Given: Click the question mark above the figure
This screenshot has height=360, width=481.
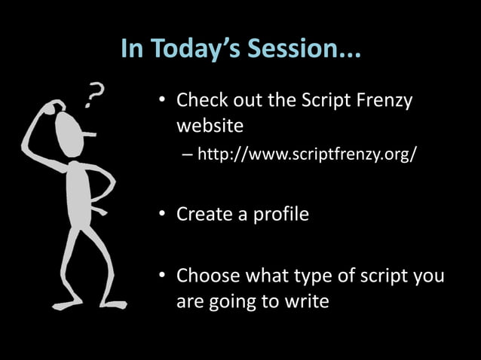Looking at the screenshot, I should point(93,96).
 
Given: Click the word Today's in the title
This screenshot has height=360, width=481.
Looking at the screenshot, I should point(190,49).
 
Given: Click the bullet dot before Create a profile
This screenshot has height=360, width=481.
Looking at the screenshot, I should point(162,215).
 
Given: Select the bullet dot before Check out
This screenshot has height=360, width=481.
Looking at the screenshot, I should point(162,101).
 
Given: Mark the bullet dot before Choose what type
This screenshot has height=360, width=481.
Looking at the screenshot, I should point(162,276).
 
